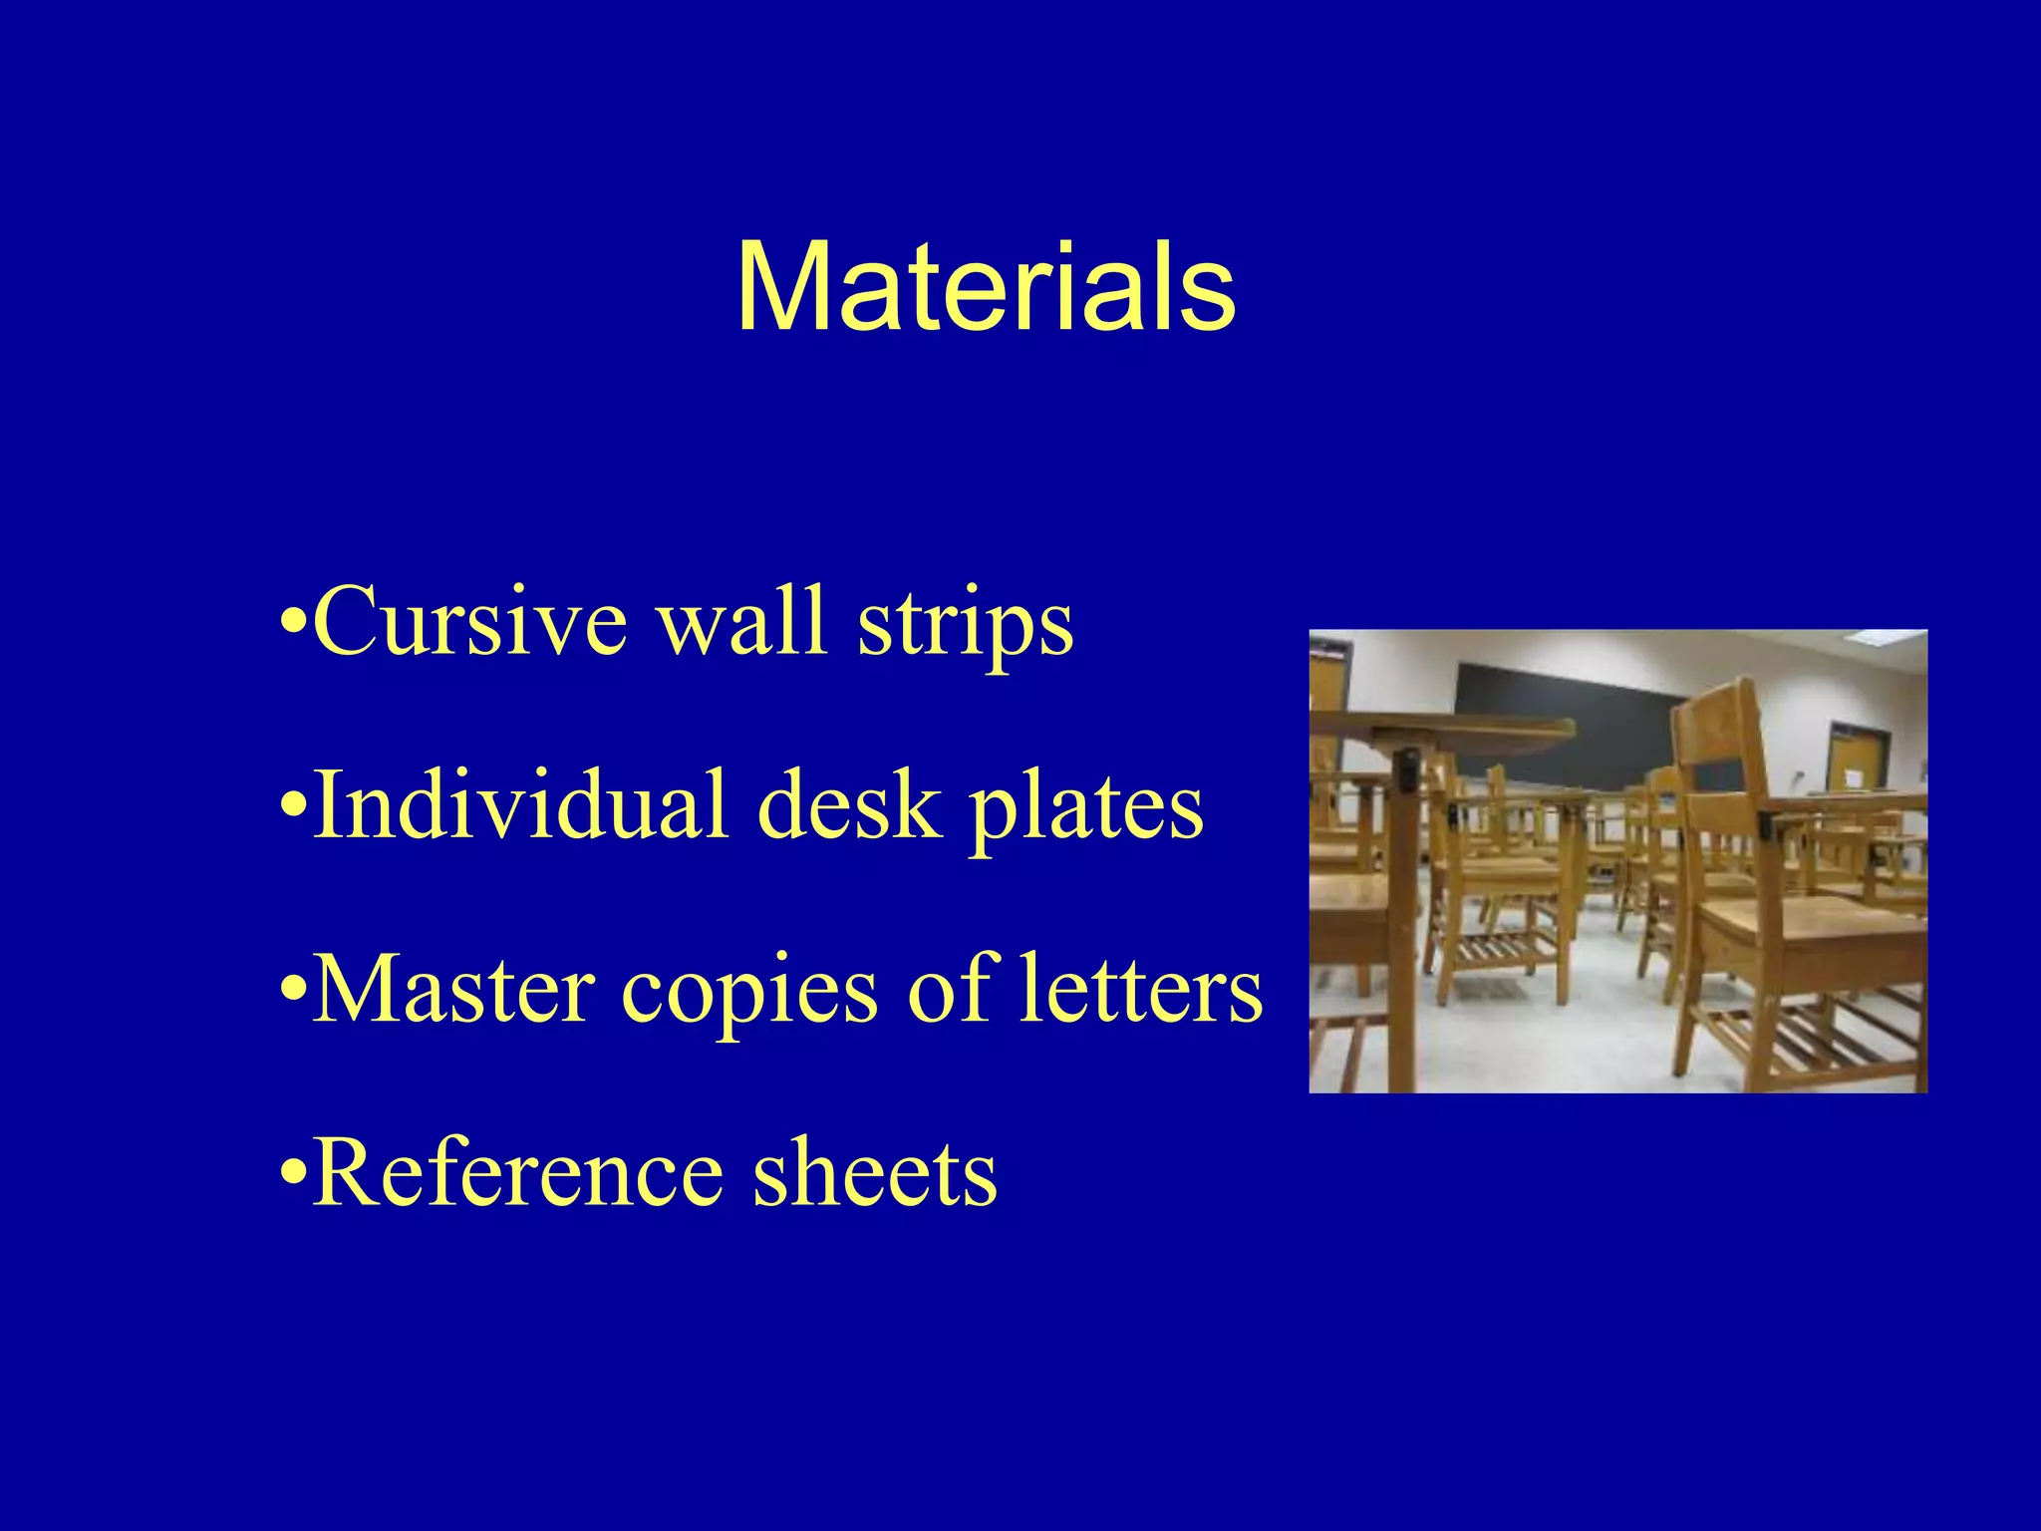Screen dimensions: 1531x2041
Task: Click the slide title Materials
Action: click(986, 288)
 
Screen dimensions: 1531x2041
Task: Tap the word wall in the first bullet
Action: click(743, 622)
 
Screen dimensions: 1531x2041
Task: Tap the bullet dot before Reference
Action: click(291, 1177)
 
